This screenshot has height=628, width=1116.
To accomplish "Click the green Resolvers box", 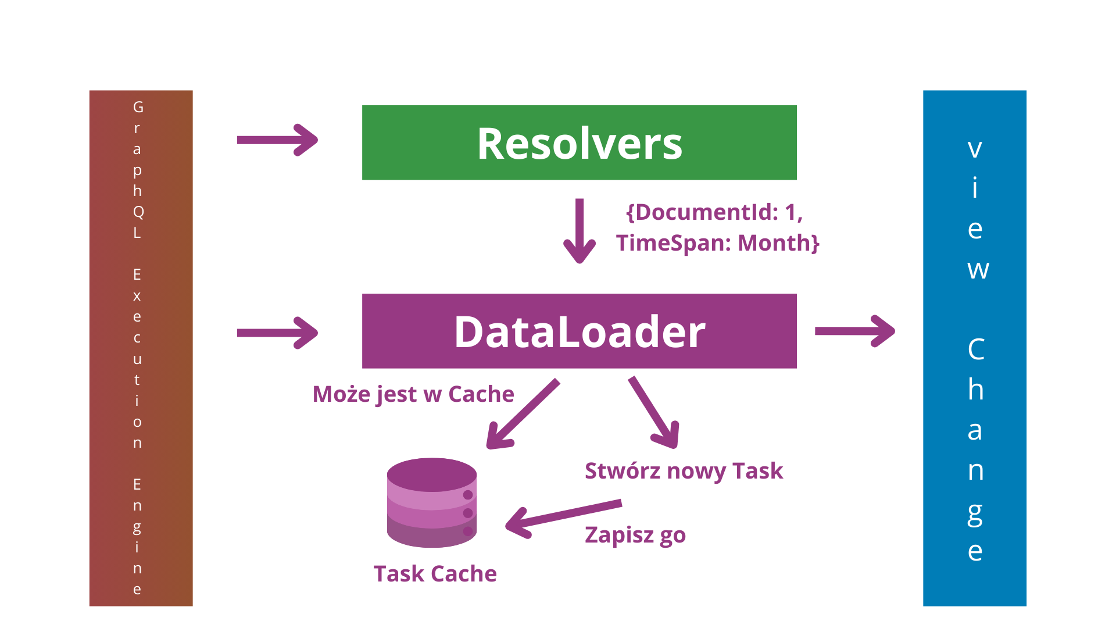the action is pos(579,142).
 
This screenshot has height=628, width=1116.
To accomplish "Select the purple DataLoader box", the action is pos(579,331).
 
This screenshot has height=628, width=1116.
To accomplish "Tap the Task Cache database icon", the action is pos(432,503).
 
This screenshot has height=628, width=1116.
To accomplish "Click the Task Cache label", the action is pos(435,574).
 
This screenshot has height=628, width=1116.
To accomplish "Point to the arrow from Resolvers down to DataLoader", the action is pos(580,231).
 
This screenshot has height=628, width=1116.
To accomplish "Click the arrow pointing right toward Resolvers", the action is pos(277,140).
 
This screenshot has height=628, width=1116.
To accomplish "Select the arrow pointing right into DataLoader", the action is pos(277,333).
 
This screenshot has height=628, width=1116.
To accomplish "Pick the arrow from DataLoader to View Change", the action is pos(855,331).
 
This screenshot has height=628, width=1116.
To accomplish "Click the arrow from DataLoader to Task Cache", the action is pos(523,414).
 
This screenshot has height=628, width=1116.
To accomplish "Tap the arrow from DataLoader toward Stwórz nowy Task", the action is pos(654,412).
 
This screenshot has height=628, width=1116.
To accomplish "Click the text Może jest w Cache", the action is pos(413,394).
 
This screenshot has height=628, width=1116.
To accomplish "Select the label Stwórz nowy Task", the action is pos(684,471).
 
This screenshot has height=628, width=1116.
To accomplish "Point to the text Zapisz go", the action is pos(635,535).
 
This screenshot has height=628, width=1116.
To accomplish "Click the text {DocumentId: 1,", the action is pos(714,212).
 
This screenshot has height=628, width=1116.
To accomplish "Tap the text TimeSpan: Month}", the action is pos(718,243).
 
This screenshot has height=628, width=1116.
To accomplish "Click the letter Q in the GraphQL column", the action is pos(138,212).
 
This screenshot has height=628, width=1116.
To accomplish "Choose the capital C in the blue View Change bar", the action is pos(976,349).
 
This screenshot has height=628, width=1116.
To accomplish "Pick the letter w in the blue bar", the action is pos(978,270).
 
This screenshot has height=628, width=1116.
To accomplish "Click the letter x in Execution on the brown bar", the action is pos(137,296).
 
